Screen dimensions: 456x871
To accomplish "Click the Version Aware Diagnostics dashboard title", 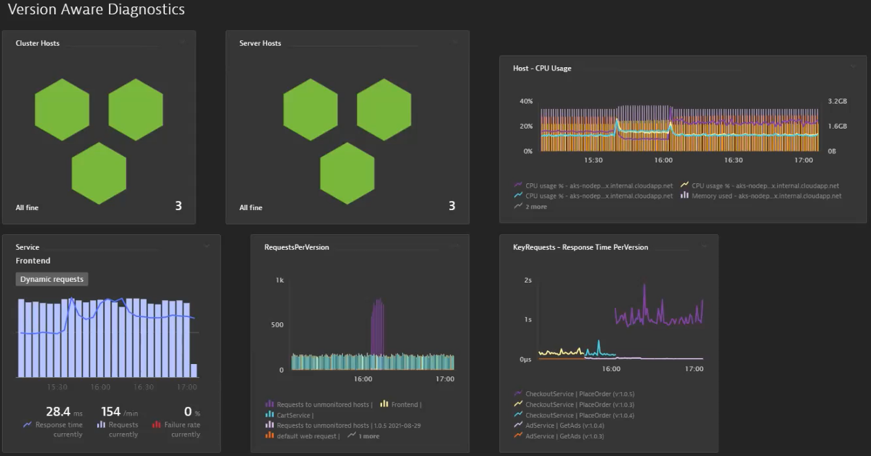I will click(96, 10).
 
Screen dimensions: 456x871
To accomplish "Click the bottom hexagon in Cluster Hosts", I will click(98, 173).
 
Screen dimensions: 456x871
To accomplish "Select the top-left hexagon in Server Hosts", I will click(310, 109).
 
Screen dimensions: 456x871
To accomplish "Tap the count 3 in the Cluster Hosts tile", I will click(178, 206).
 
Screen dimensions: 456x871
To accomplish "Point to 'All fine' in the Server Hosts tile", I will click(250, 207).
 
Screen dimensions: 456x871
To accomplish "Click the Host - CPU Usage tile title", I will click(542, 68).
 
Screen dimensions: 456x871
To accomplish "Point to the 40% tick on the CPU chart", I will click(525, 102).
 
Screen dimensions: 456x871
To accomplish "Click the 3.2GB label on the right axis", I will click(837, 102).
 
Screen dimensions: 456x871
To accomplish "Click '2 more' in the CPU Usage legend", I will click(536, 207).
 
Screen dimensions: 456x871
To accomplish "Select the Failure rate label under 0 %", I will click(182, 425).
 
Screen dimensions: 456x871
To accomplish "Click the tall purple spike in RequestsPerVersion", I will click(377, 326).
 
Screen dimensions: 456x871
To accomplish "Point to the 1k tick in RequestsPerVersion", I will click(280, 281).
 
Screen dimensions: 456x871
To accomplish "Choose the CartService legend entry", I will click(295, 415).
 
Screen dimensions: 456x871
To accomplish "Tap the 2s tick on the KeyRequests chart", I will click(527, 281).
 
